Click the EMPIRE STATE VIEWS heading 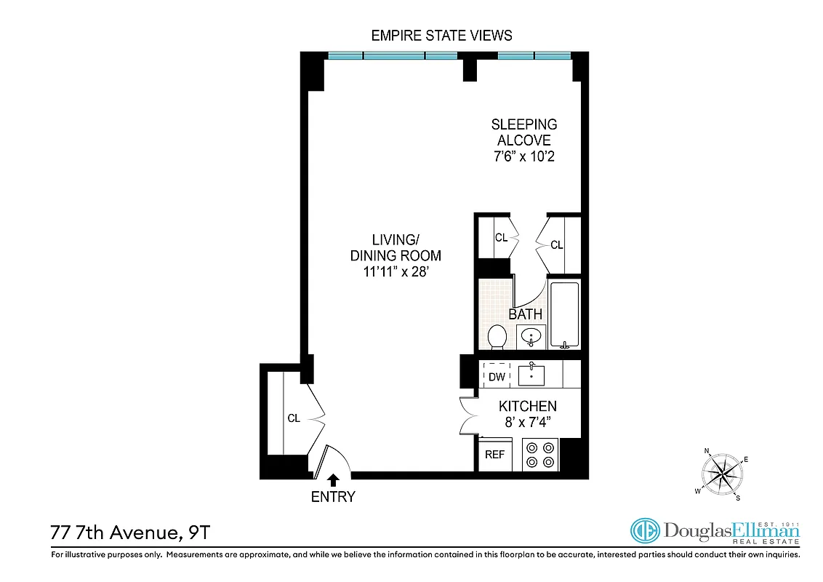441,35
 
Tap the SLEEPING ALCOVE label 523,132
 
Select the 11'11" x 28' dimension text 396,272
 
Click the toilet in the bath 497,337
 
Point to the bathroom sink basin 531,338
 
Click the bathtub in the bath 564,315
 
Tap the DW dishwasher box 497,376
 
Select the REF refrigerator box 494,455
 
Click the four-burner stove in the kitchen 539,455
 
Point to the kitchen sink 531,375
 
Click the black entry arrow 333,480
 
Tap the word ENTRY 333,498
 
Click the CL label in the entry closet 293,418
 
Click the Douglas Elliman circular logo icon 643,531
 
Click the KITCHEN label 527,407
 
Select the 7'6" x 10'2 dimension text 523,156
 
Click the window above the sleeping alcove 534,55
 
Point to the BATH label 525,314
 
